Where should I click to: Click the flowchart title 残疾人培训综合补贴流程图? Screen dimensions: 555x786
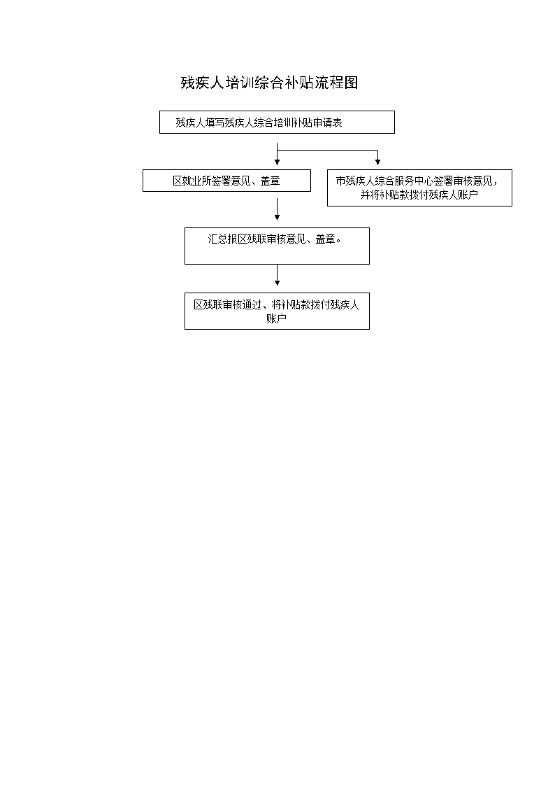click(269, 83)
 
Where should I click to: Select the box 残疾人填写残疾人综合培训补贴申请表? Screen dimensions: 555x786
click(277, 122)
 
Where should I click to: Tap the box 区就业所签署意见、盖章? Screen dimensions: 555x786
click(226, 181)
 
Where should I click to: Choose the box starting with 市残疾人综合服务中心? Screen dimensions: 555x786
click(419, 188)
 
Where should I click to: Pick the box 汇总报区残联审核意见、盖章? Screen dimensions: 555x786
click(277, 246)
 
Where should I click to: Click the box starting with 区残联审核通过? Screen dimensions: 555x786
click(277, 311)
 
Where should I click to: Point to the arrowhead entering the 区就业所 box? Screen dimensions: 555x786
click(277, 162)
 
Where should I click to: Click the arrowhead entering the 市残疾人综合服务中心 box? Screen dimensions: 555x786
click(378, 162)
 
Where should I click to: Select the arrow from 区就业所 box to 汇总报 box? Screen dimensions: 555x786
click(277, 209)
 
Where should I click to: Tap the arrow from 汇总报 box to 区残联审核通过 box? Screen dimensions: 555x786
click(277, 275)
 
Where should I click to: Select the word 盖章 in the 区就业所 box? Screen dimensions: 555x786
click(271, 181)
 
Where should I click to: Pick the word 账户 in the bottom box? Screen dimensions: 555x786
click(276, 318)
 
